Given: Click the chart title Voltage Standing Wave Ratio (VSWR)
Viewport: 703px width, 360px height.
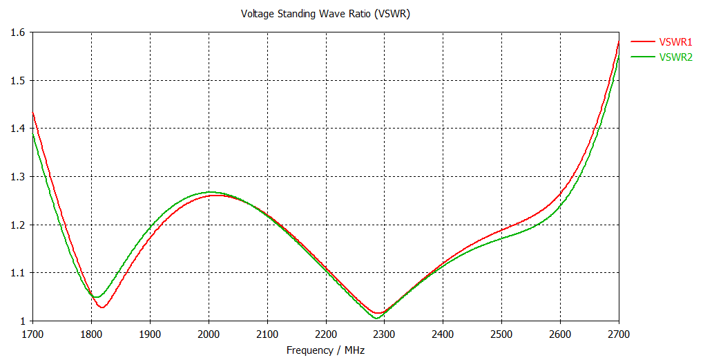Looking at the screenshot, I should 325,14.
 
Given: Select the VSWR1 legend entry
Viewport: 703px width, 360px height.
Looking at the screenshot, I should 676,42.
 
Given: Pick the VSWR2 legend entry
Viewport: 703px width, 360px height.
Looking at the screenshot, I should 676,57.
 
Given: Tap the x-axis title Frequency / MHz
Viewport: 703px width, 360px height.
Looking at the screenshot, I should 325,350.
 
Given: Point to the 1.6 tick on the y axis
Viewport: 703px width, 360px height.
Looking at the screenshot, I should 18,32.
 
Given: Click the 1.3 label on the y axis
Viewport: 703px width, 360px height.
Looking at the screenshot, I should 18,177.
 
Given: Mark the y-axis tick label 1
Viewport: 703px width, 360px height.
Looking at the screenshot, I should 22,321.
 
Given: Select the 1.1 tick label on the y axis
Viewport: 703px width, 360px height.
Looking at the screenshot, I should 18,273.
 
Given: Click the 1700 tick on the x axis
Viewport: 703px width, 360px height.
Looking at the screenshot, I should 32,334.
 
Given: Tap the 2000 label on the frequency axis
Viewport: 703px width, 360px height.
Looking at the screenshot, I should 209,334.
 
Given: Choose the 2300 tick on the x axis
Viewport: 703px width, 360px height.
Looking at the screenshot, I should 384,334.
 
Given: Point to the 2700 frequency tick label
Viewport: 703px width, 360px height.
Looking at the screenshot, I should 618,334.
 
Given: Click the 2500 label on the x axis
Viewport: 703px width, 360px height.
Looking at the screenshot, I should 501,334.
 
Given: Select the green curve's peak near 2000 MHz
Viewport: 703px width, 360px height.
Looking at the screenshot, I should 210,192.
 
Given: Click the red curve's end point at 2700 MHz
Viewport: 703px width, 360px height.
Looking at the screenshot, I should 619,42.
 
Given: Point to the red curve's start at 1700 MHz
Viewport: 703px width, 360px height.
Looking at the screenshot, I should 32,112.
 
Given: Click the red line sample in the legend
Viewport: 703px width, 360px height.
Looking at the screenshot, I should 642,42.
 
